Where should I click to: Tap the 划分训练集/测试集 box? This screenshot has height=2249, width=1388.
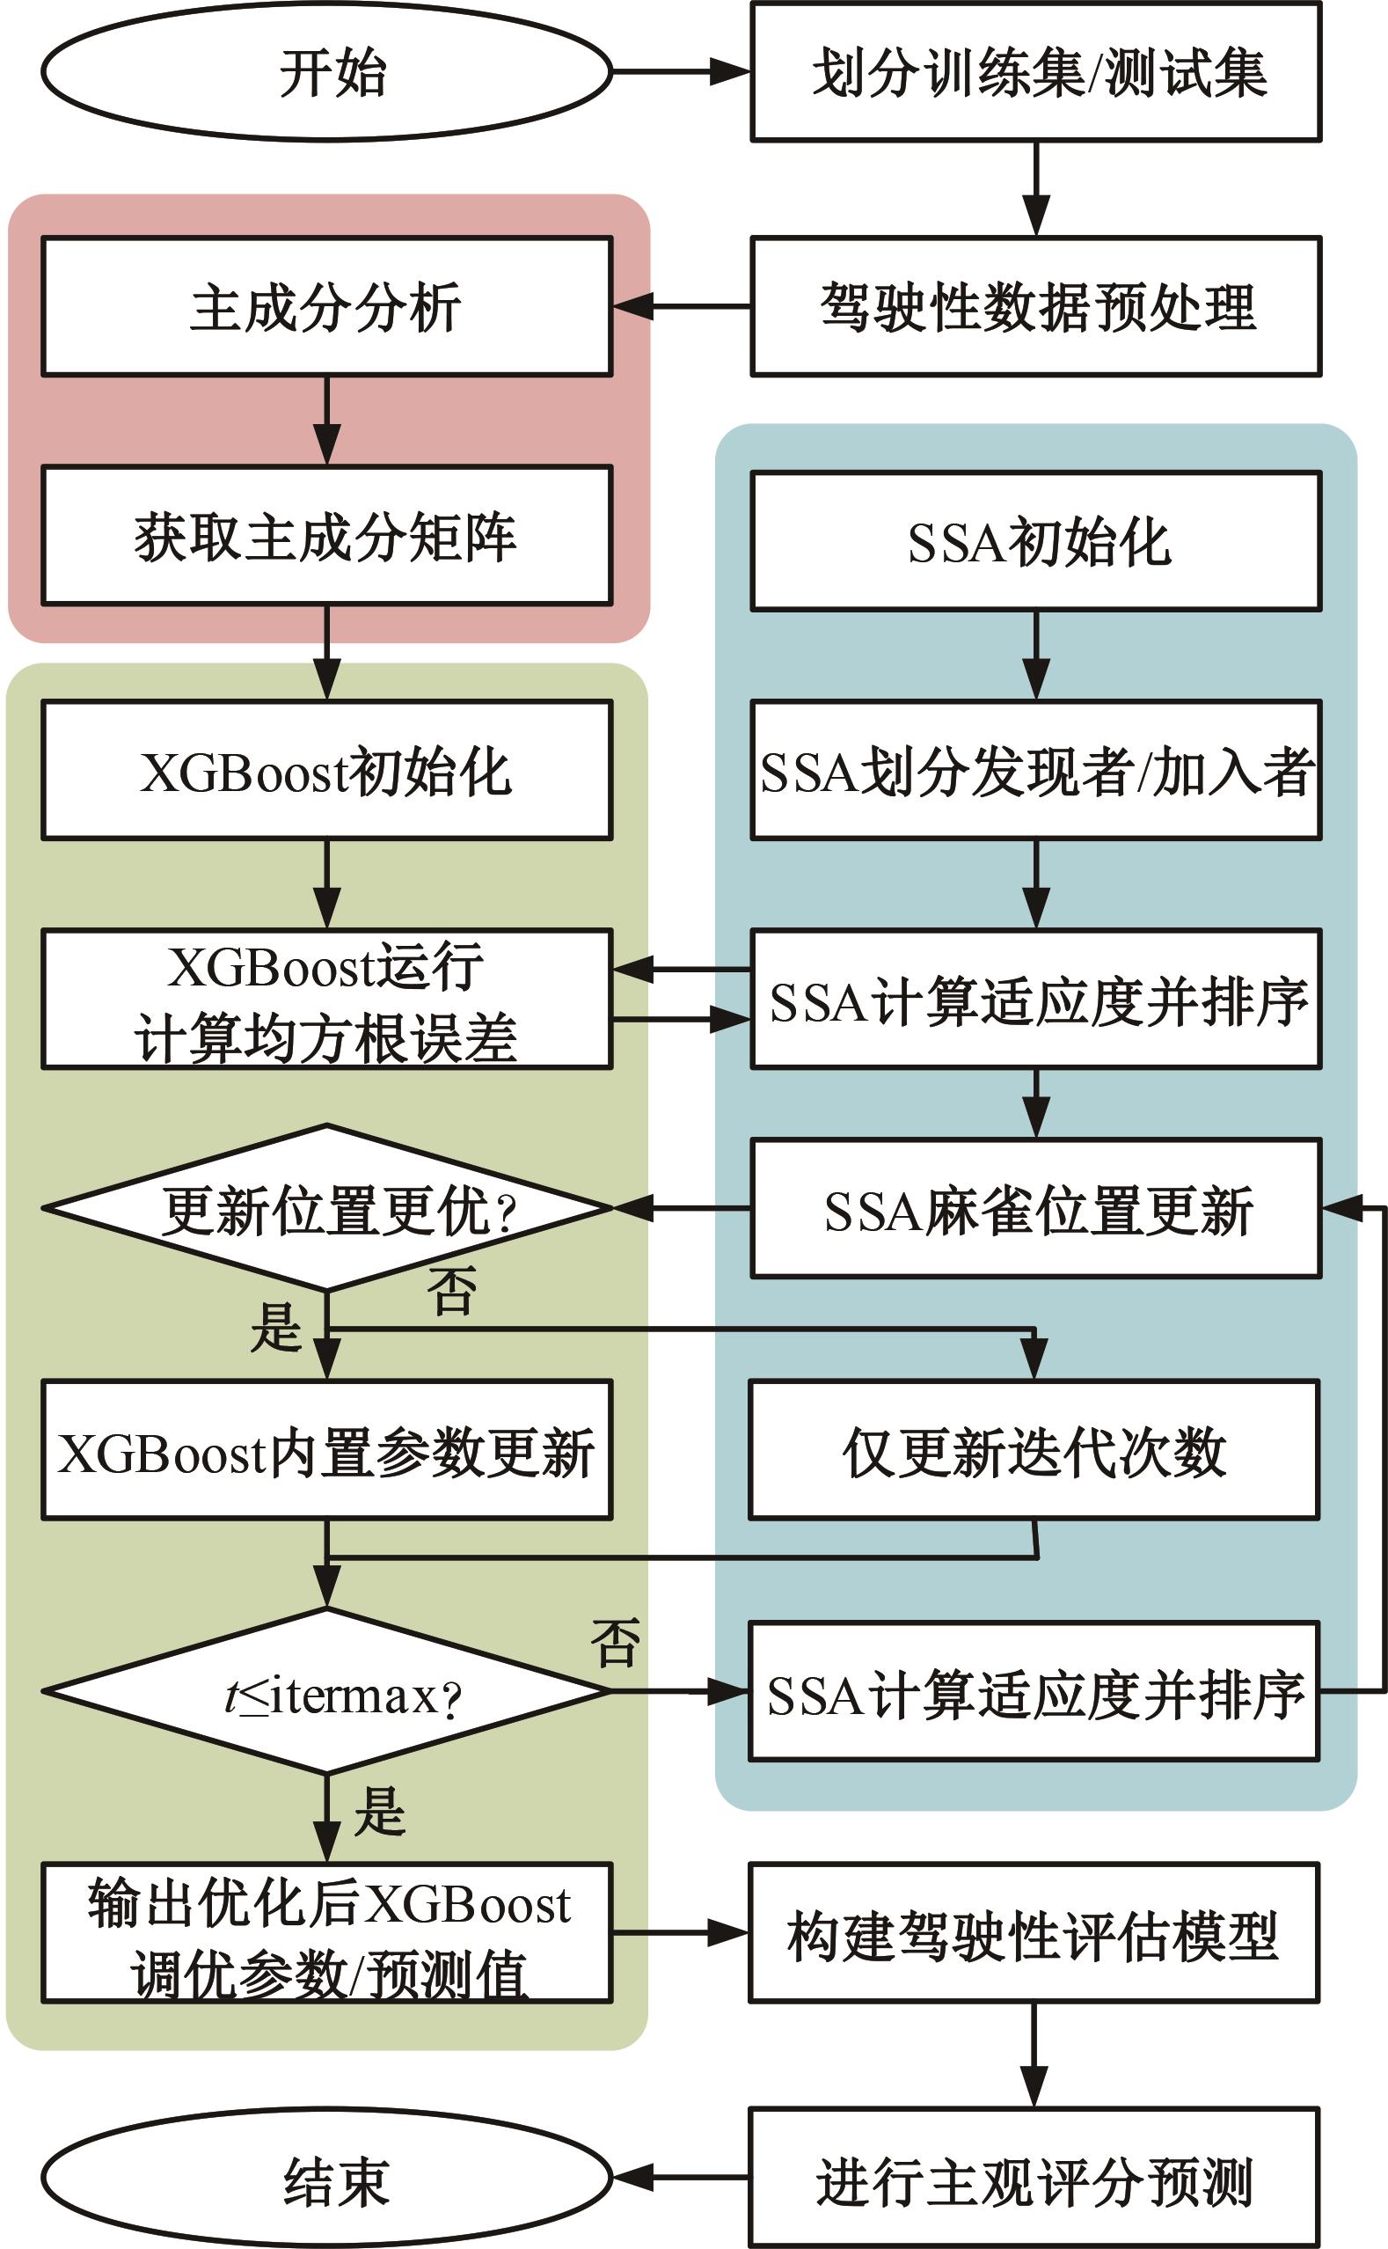coord(1035,71)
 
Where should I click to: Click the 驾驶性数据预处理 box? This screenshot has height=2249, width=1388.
coord(1035,306)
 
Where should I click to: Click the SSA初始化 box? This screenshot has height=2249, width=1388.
coord(1035,541)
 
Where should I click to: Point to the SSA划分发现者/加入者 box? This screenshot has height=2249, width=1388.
coord(1035,770)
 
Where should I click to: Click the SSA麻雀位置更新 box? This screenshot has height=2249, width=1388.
coord(1035,1208)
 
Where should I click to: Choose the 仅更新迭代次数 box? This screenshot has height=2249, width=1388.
coord(1034,1450)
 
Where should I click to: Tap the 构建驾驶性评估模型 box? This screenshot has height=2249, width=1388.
coord(1034,1933)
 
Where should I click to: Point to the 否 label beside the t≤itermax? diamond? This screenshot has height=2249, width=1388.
coord(614,1643)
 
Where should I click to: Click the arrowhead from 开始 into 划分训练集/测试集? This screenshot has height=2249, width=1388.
coord(731,71)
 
